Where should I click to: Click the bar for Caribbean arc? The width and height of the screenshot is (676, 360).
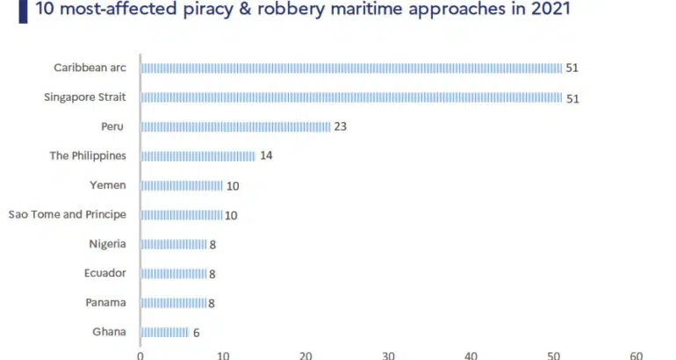click(x=351, y=68)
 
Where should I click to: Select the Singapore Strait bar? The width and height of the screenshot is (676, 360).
click(x=351, y=97)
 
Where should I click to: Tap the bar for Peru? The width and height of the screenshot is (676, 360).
click(x=235, y=126)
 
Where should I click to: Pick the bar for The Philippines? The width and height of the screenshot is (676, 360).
click(x=198, y=156)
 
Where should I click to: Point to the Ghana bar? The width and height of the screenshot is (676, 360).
click(x=164, y=332)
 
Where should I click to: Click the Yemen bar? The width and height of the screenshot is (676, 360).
click(x=182, y=185)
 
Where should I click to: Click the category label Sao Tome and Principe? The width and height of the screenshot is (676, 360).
click(x=67, y=214)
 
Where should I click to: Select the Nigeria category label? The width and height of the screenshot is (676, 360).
click(x=107, y=243)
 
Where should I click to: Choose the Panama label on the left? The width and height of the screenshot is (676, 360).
click(x=107, y=302)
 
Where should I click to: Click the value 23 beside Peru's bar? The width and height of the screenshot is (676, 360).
click(x=341, y=126)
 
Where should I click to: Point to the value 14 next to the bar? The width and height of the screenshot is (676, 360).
click(x=266, y=156)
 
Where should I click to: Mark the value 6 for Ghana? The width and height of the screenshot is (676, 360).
click(x=196, y=332)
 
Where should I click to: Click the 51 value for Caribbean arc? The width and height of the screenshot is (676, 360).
click(x=572, y=68)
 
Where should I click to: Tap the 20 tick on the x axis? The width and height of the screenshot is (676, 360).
click(x=306, y=356)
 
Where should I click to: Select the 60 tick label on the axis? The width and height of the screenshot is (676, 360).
click(x=636, y=356)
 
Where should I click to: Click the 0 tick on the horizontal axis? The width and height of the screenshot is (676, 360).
click(x=140, y=356)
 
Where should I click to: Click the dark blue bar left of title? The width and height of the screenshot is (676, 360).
click(x=21, y=9)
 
